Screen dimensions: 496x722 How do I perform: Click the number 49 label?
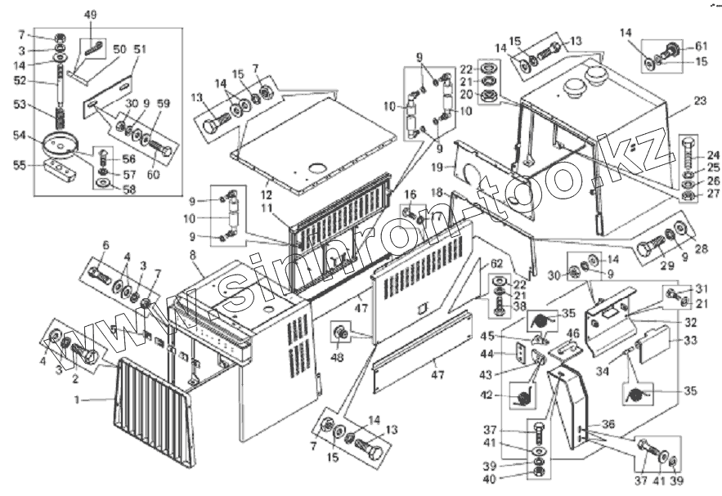[x=90, y=16]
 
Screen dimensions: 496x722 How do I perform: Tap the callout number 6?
[x=105, y=245]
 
